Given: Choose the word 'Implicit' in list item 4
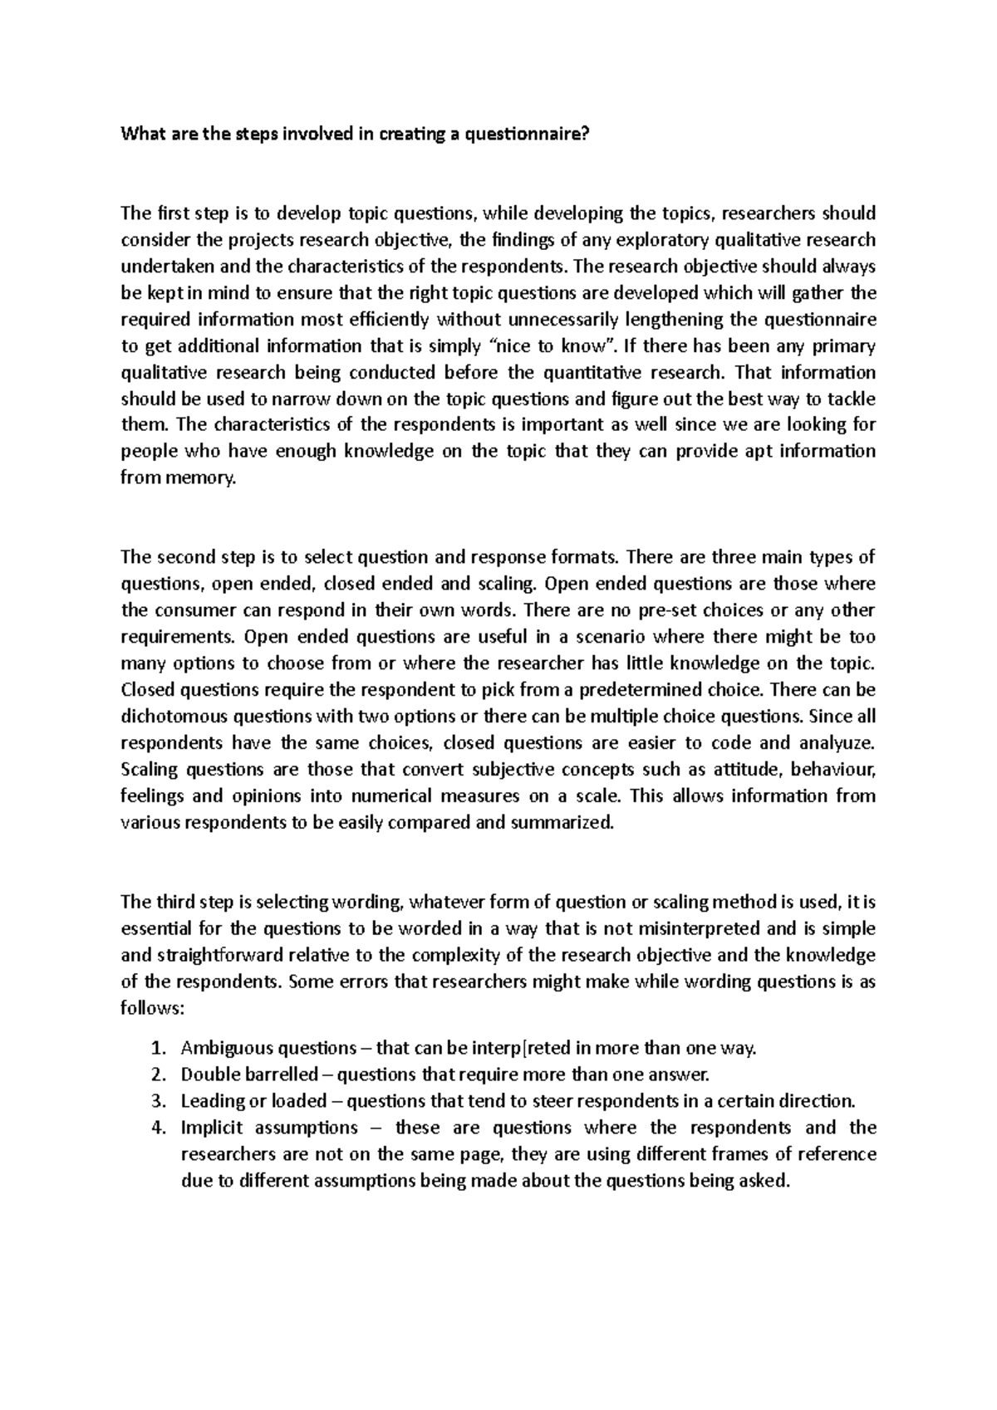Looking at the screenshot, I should coord(211,1128).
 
